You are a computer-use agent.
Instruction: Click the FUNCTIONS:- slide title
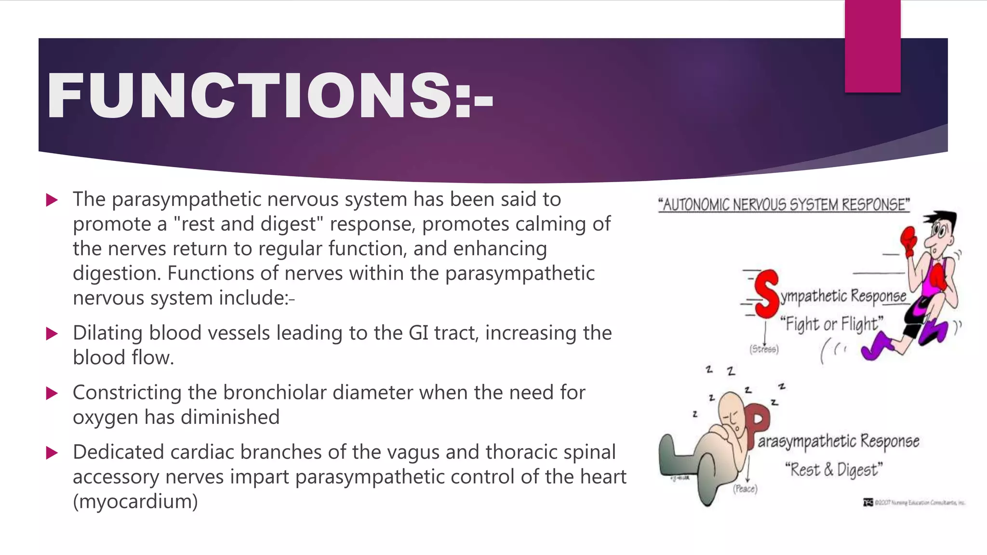point(270,95)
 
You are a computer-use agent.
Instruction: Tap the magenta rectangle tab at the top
point(872,46)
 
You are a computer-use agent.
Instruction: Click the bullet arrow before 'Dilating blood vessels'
point(52,333)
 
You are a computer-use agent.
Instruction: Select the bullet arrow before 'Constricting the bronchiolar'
point(52,393)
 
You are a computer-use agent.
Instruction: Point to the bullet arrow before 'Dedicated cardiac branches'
point(52,453)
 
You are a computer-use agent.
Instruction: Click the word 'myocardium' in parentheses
point(135,502)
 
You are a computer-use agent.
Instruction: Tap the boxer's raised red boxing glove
point(909,240)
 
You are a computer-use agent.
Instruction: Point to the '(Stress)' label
point(764,349)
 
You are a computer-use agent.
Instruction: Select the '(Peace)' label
point(745,489)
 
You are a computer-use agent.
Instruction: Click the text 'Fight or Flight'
point(832,324)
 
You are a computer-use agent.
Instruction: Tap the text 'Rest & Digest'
point(834,469)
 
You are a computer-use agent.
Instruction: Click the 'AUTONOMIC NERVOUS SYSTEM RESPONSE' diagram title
point(784,205)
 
